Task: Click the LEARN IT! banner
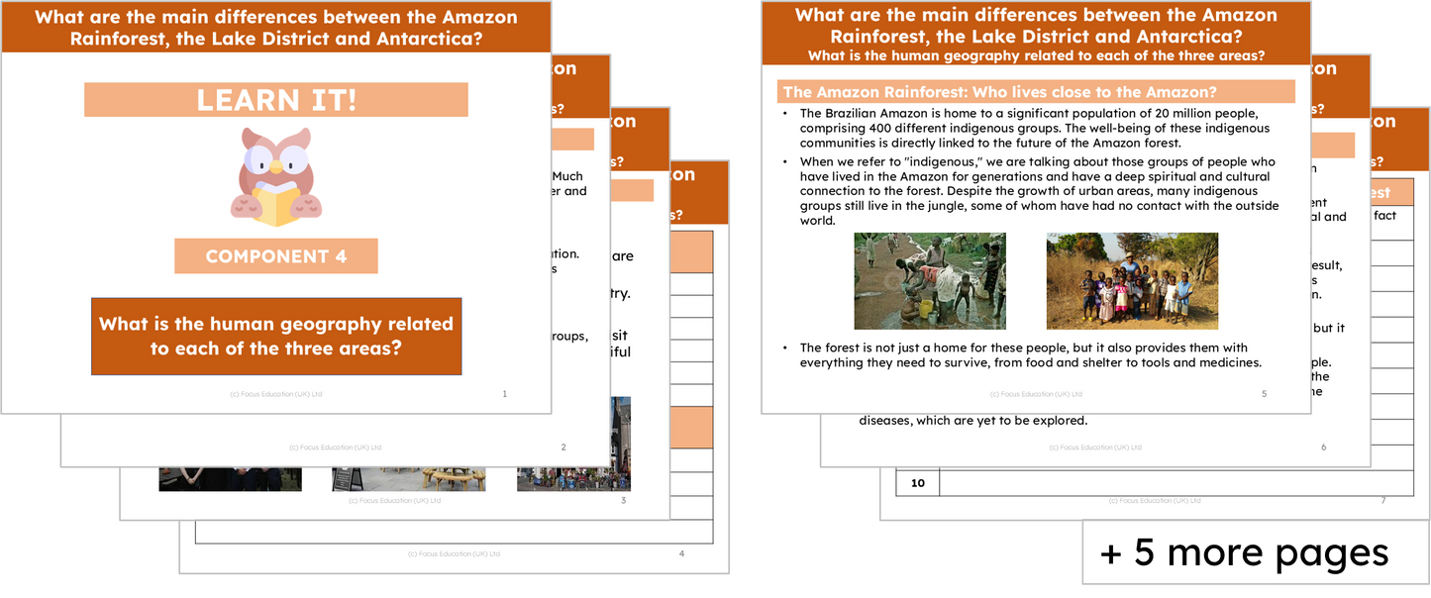coord(275,100)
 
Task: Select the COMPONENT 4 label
coord(276,256)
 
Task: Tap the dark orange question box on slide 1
coord(276,337)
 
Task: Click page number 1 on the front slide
coord(505,394)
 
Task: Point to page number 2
coord(563,448)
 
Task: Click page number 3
coord(623,501)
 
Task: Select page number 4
coord(681,553)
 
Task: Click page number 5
coord(1265,394)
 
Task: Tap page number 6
coord(1323,448)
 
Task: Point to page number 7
coord(1382,501)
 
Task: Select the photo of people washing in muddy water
coord(930,281)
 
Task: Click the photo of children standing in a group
coord(1132,281)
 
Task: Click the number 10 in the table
coord(917,483)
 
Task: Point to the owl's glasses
coord(274,162)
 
